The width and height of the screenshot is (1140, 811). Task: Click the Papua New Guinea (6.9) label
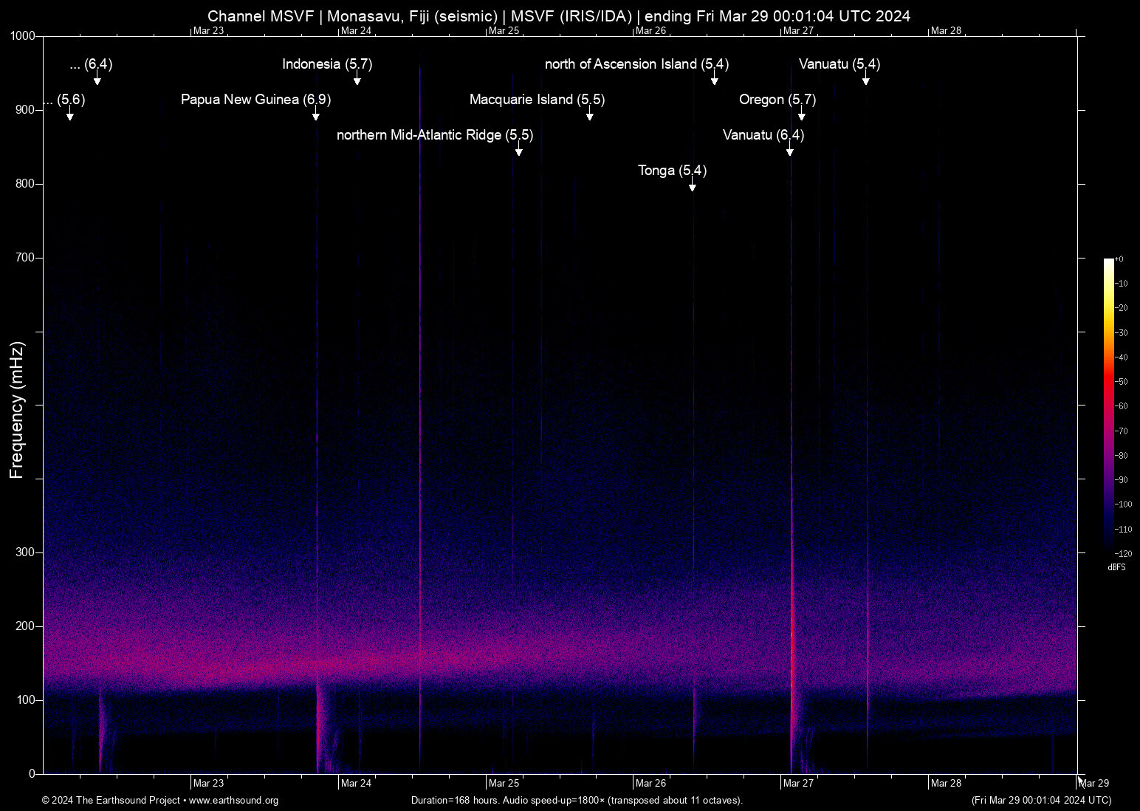coord(255,100)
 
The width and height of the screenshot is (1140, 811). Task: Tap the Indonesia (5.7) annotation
coord(327,64)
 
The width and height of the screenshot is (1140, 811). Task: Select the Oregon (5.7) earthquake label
coord(777,100)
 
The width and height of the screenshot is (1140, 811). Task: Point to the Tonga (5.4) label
coord(672,171)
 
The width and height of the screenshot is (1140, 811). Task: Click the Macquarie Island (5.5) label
coord(537,100)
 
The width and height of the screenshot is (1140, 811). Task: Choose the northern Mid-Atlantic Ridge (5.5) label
coord(434,135)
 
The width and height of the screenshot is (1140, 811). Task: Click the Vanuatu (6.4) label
coord(763,135)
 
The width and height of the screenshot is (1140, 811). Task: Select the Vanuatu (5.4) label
coord(839,64)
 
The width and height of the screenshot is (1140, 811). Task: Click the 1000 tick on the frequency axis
coord(23,36)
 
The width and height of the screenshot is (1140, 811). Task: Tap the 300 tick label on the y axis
coord(26,552)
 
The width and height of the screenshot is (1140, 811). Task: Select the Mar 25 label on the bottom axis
coord(504,783)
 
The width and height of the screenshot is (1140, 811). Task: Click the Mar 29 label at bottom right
coord(1094,783)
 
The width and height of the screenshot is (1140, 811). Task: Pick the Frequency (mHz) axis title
coord(16,410)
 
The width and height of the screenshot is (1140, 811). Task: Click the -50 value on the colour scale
coord(1122,382)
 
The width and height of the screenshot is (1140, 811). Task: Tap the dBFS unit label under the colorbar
coord(1116,567)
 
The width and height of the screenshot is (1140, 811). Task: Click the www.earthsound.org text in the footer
coord(233,801)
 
